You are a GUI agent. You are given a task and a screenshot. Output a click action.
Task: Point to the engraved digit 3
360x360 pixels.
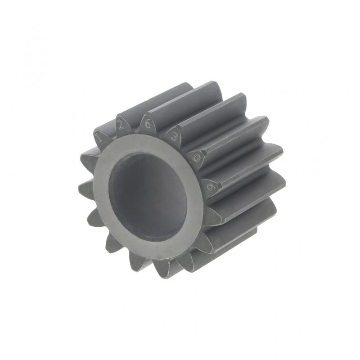(174, 137)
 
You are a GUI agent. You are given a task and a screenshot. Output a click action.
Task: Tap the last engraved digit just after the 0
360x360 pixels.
(209, 186)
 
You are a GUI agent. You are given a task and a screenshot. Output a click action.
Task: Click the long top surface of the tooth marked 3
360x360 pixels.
(211, 112)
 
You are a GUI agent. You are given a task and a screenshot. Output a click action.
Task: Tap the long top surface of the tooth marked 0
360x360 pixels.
(234, 135)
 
